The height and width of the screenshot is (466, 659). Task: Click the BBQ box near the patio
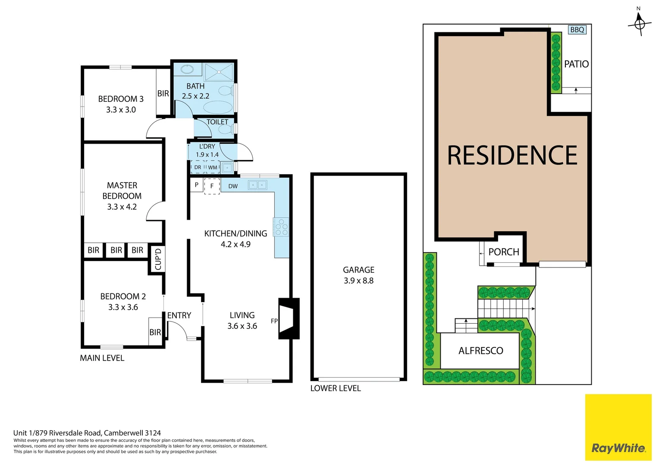point(577,29)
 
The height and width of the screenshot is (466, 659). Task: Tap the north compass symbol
point(639,23)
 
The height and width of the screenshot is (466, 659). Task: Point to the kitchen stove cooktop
point(281,227)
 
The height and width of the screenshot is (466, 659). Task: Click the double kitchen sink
point(257,185)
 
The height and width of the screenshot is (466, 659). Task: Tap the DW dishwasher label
point(233,186)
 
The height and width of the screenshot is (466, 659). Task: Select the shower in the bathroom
point(219,72)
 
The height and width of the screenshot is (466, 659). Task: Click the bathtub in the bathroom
point(218,107)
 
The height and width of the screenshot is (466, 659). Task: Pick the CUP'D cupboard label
point(158,259)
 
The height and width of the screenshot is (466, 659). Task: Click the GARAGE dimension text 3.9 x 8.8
point(358,280)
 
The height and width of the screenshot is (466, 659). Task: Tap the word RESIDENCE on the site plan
point(512,155)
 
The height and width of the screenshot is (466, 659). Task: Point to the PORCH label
point(503,252)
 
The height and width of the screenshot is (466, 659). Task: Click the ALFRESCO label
point(480,351)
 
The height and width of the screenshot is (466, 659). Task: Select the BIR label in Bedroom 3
point(163,93)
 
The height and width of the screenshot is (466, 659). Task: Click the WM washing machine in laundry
point(213,167)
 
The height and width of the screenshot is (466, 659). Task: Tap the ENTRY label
point(179,315)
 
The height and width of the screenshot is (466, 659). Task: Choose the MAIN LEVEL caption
point(102,358)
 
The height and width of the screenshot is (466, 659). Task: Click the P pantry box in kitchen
point(197,185)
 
